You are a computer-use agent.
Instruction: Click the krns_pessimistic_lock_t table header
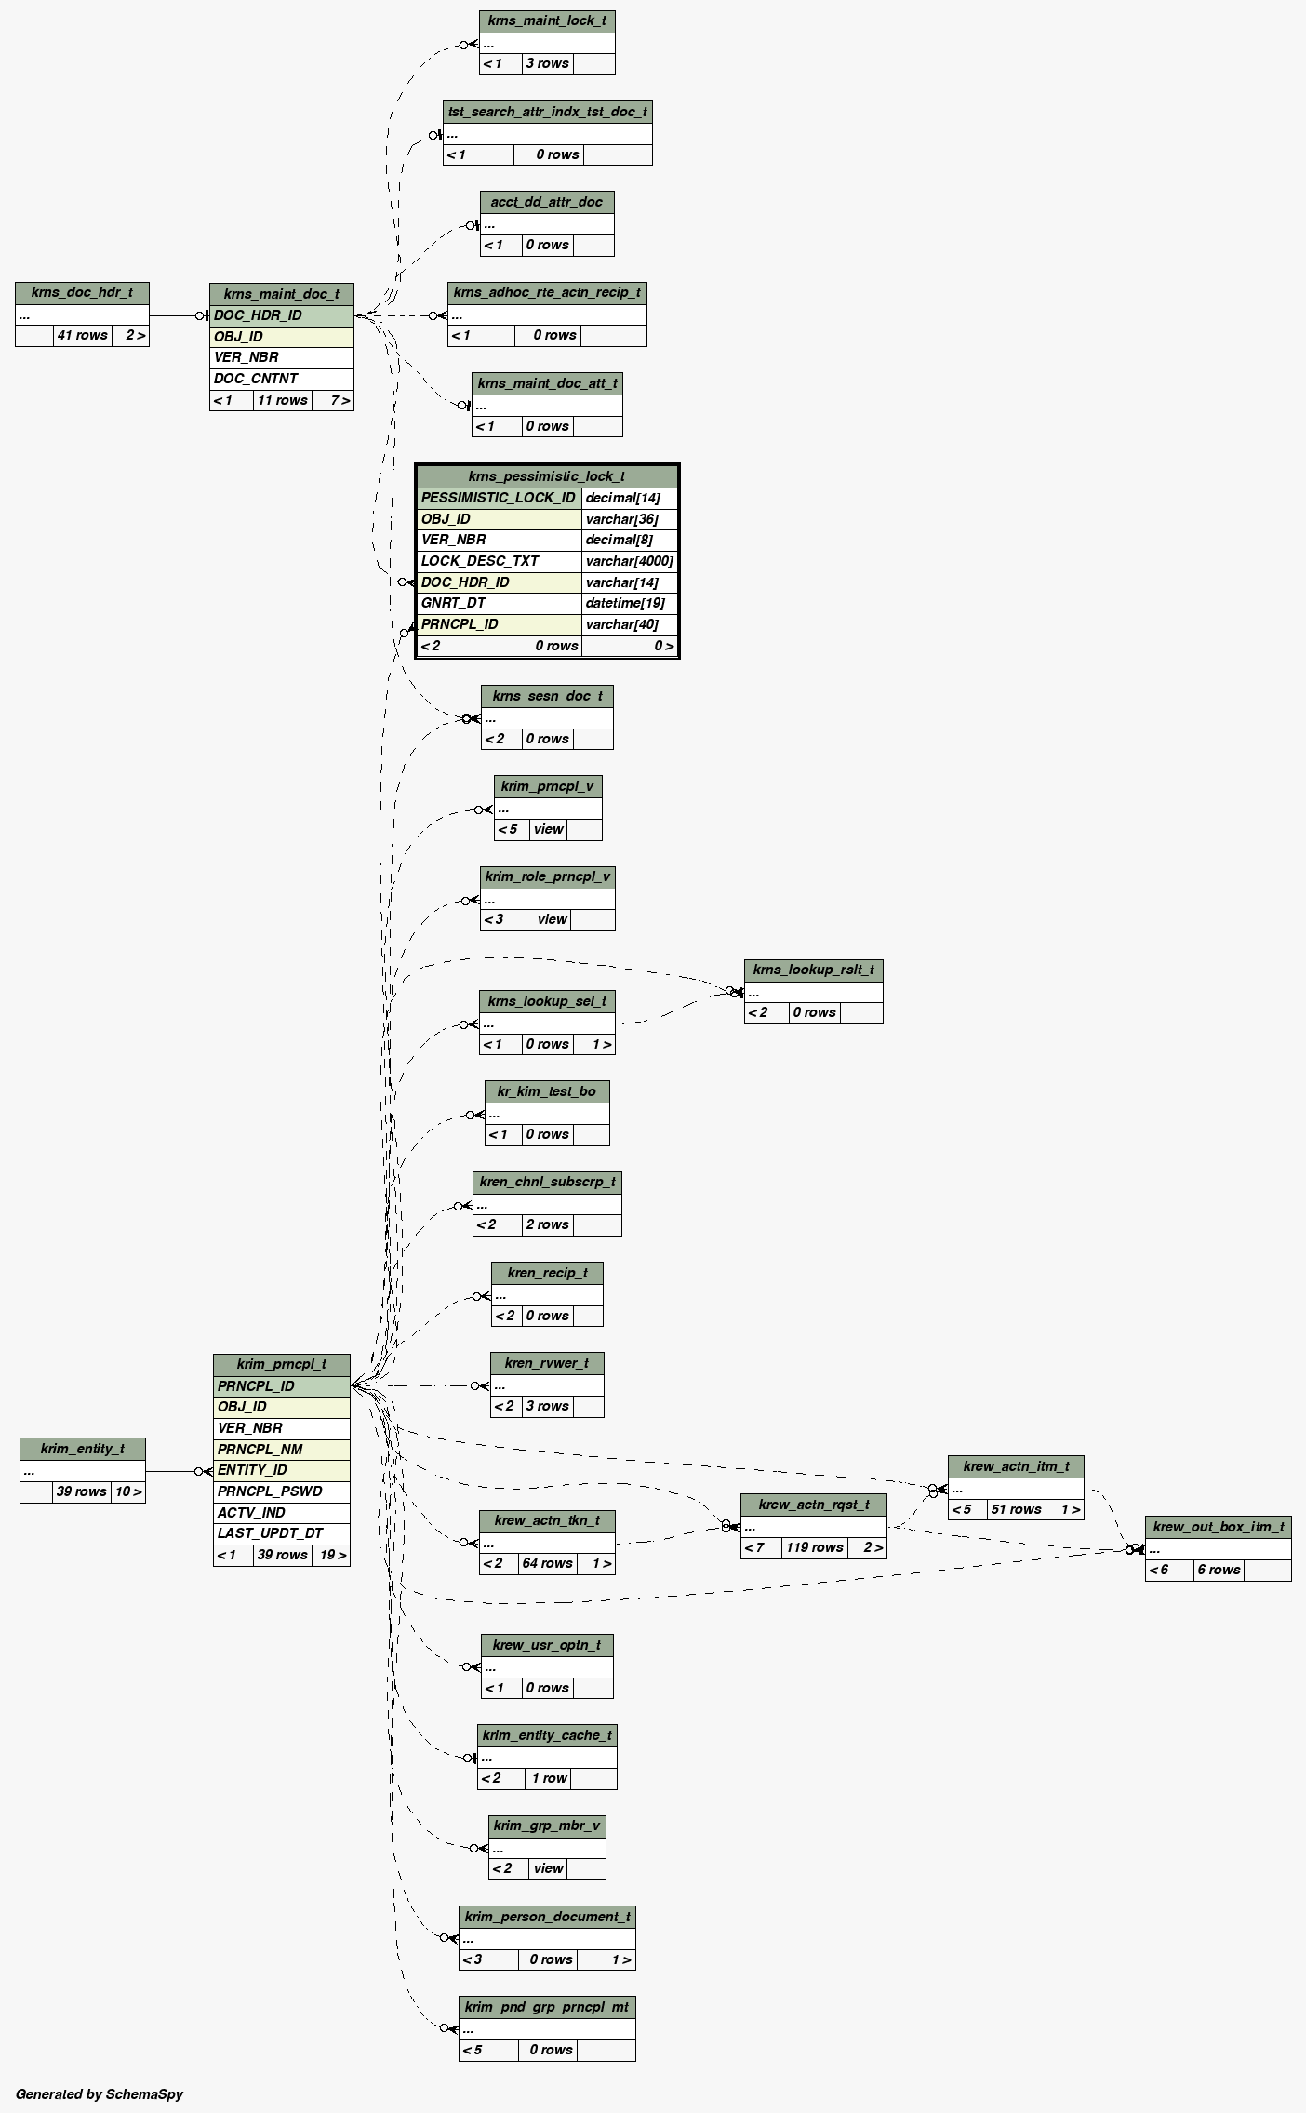point(547,476)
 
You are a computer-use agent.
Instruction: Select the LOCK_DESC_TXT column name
point(480,561)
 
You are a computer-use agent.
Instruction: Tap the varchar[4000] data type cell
point(629,561)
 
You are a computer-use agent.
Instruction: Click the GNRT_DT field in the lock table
point(453,603)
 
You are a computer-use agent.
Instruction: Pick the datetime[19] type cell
point(625,603)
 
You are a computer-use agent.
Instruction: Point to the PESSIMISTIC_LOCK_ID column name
point(498,498)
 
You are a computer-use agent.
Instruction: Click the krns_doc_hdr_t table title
point(82,292)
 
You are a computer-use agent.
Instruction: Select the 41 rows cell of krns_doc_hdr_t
point(82,335)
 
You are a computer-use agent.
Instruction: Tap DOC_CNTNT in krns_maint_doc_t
point(256,379)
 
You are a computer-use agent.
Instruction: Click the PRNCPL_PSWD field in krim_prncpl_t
point(270,1491)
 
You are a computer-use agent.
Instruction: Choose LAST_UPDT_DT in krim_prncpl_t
point(270,1533)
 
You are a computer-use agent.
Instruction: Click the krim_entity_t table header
point(82,1449)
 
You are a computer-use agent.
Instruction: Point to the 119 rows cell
point(814,1547)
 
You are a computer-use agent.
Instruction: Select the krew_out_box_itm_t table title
point(1218,1527)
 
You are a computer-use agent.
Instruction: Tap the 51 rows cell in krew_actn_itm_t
point(1016,1509)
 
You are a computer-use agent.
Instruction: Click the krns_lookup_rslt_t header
point(813,970)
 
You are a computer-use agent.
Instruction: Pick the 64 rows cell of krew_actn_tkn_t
point(547,1563)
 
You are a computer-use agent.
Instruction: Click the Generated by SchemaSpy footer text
point(100,2094)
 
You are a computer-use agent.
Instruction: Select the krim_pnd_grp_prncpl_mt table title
point(547,2007)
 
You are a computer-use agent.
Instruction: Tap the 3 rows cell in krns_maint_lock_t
point(547,63)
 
